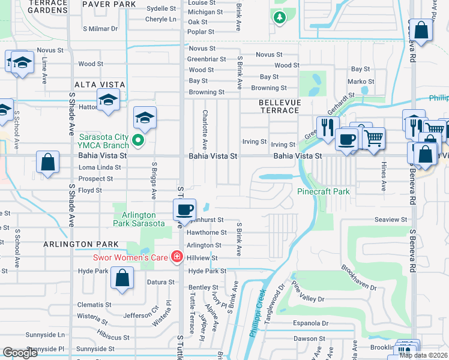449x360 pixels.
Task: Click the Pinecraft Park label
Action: pyautogui.click(x=324, y=192)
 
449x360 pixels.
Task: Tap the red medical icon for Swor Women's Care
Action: pyautogui.click(x=176, y=257)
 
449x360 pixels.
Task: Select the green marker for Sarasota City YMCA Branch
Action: pyautogui.click(x=137, y=140)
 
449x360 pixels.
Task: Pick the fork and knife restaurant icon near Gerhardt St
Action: pyautogui.click(x=327, y=127)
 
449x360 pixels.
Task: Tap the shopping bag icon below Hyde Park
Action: pyautogui.click(x=122, y=278)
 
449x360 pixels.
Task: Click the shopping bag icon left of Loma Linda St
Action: pyautogui.click(x=47, y=162)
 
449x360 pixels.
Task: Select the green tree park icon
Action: pyautogui.click(x=279, y=18)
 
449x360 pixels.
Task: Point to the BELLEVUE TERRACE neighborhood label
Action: pyautogui.click(x=279, y=106)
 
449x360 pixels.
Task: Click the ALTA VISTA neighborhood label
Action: pyautogui.click(x=99, y=85)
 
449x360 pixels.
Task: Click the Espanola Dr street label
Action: pyautogui.click(x=308, y=323)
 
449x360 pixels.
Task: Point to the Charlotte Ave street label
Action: pyautogui.click(x=205, y=129)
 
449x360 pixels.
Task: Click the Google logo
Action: pyautogui.click(x=20, y=353)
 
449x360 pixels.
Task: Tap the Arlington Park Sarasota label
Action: pyautogui.click(x=139, y=219)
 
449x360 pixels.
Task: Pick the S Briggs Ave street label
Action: pyautogui.click(x=154, y=180)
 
